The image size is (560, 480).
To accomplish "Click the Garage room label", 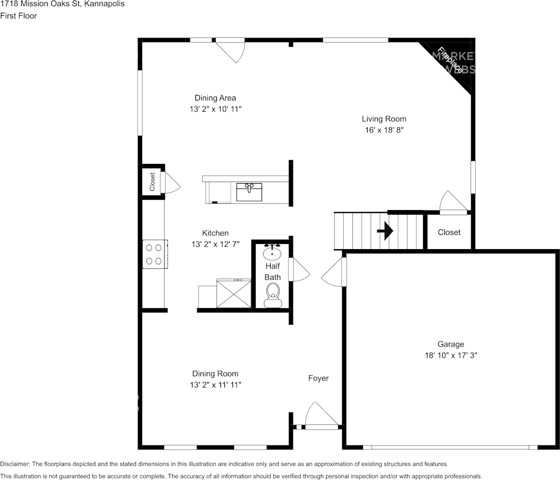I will point(451,344).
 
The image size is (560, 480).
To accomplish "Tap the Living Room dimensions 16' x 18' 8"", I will point(384,130).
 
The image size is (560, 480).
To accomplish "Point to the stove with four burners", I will point(154,254).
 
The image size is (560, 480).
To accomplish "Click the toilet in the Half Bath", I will point(273,295).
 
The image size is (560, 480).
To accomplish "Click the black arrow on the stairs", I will point(385,231).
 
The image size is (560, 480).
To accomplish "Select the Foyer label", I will point(318,378).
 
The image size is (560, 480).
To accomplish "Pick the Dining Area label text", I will point(215,98).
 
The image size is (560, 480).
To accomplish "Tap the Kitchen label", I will point(215,233).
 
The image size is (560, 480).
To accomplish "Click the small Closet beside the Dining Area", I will point(152,182).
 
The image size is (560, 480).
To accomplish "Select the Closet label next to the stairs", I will point(449,232).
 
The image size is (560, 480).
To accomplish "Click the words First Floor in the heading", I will point(19,16).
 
